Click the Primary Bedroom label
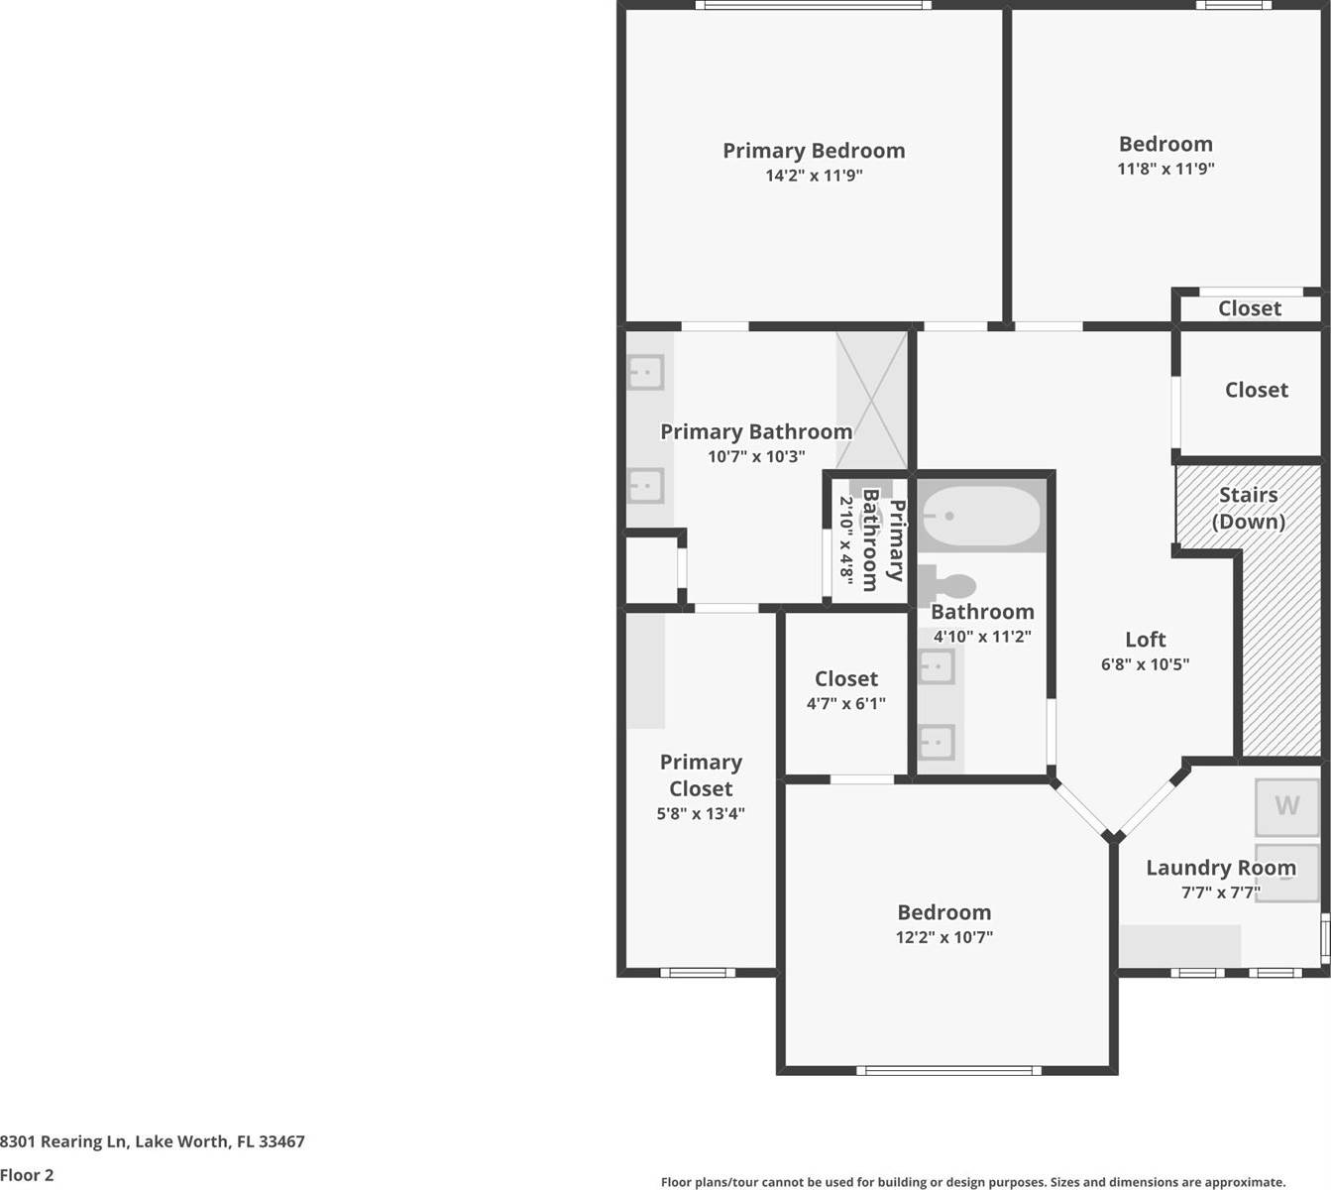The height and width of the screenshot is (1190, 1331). pyautogui.click(x=813, y=151)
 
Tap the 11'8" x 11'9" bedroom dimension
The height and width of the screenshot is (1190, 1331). pyautogui.click(x=1165, y=169)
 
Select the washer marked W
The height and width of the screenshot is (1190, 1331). pyautogui.click(x=1286, y=806)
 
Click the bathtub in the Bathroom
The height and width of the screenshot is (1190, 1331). pyautogui.click(x=980, y=516)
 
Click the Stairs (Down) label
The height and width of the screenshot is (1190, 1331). pyautogui.click(x=1248, y=508)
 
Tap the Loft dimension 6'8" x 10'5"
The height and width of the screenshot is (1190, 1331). pyautogui.click(x=1145, y=664)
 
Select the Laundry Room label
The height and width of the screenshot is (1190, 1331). pyautogui.click(x=1220, y=868)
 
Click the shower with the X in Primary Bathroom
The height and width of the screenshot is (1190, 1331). pyautogui.click(x=871, y=400)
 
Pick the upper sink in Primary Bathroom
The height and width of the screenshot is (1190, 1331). pyautogui.click(x=645, y=373)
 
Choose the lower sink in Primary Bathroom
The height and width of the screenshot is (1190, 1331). pyautogui.click(x=645, y=486)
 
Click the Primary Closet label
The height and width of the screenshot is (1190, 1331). pyautogui.click(x=701, y=775)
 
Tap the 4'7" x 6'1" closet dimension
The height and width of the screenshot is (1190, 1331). pyautogui.click(x=845, y=704)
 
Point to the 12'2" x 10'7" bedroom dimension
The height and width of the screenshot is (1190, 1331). pyautogui.click(x=943, y=937)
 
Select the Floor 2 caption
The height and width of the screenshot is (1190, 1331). pyautogui.click(x=27, y=1175)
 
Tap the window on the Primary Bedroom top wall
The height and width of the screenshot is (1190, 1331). pyautogui.click(x=813, y=5)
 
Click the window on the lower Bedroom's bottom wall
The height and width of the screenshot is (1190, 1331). pyautogui.click(x=948, y=1070)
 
